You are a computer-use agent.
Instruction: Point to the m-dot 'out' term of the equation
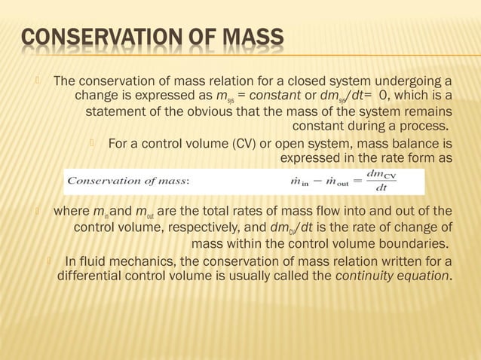(333, 182)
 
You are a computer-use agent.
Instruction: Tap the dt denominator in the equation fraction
(382, 188)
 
